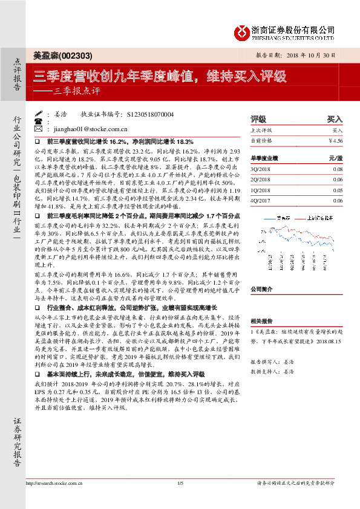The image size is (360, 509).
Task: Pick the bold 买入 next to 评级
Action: tap(335, 119)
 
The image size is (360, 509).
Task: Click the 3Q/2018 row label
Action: tap(260, 170)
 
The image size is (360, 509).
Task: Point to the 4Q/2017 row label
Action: tap(260, 200)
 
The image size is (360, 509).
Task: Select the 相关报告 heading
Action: tap(261, 321)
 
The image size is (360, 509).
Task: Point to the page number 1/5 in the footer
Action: tap(180, 500)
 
